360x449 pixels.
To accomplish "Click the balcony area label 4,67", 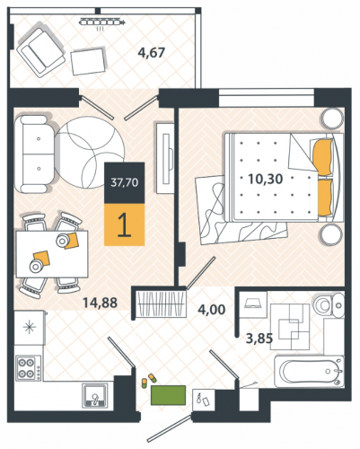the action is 151,53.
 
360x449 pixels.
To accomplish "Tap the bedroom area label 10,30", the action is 266,179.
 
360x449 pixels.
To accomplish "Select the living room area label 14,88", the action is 100,303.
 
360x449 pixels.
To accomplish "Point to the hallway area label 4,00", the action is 212,309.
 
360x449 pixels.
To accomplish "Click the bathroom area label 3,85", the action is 259,339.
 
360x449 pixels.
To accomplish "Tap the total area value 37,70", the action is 125,182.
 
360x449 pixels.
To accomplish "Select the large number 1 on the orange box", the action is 124,225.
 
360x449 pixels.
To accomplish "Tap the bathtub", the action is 310,371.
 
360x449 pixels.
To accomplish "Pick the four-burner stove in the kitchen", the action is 29,367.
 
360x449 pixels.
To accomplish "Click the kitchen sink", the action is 95,396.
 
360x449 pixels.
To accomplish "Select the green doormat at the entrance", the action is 168,395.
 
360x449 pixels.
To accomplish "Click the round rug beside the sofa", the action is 90,153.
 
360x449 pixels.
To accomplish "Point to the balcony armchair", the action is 40,52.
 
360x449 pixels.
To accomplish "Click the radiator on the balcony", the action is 102,22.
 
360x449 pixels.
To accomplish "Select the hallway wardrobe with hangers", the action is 160,303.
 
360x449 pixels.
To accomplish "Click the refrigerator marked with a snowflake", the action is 30,327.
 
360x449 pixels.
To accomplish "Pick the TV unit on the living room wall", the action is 165,157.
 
